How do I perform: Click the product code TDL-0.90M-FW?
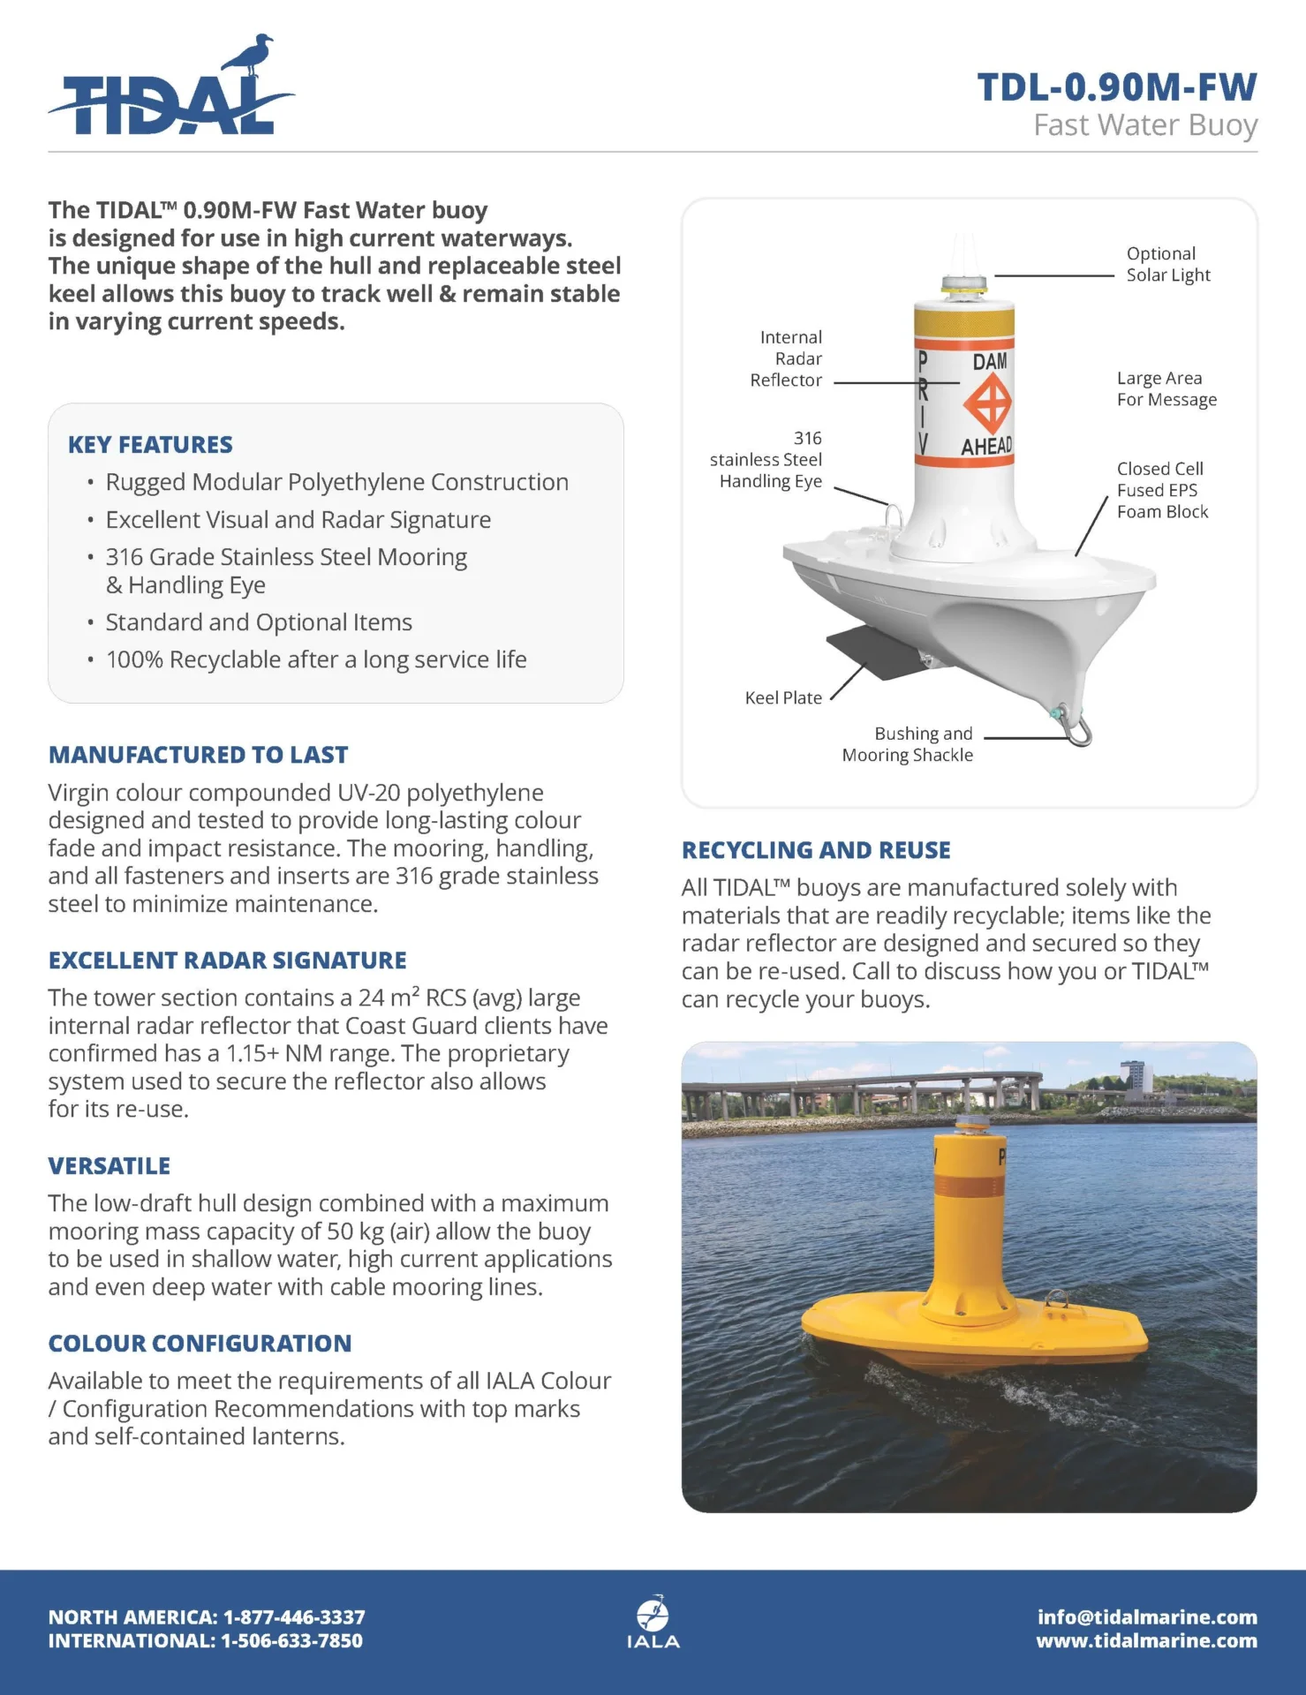click(x=1116, y=87)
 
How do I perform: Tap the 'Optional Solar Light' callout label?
click(x=1167, y=264)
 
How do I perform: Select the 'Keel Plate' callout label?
click(x=783, y=697)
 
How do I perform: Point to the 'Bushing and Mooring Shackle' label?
click(x=908, y=744)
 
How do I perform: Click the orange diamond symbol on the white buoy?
click(x=987, y=403)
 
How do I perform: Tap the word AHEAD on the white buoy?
click(x=986, y=447)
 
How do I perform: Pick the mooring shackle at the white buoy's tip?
click(x=1080, y=731)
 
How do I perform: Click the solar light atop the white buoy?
click(x=963, y=286)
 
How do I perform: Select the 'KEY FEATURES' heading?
click(x=150, y=444)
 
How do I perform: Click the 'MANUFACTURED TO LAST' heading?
click(x=198, y=755)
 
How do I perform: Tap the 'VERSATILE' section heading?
click(x=109, y=1165)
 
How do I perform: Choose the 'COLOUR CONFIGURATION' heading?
click(x=200, y=1343)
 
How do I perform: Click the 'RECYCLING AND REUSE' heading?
click(x=816, y=849)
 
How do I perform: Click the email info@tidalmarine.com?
click(x=1147, y=1617)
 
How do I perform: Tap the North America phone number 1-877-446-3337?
click(x=294, y=1617)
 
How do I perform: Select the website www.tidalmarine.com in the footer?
click(x=1146, y=1640)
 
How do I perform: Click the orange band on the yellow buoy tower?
click(x=969, y=1186)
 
